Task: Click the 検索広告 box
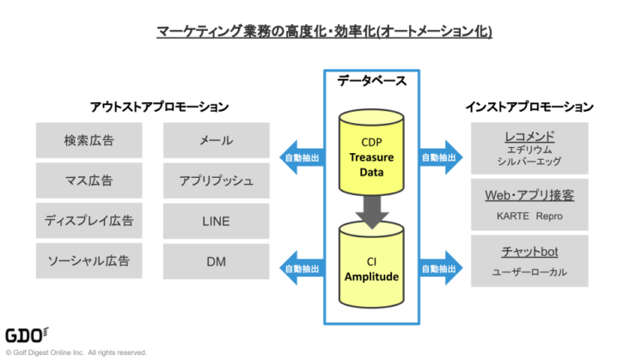coord(89,140)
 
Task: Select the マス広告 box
coord(89,180)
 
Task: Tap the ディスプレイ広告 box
coord(89,221)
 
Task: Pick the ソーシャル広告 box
coord(89,261)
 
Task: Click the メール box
coord(216,140)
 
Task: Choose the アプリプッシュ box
coord(216,180)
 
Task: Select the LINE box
coord(216,221)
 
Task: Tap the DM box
coord(216,261)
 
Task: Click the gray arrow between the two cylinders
coord(370,210)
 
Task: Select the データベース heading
coord(371,81)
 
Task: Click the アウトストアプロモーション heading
coord(159,107)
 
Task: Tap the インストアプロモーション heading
coord(529,107)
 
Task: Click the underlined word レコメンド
coord(529,136)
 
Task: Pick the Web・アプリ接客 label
coord(529,195)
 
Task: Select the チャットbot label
coord(529,253)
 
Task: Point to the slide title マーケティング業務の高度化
coord(323,32)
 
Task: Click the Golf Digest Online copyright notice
coord(76,352)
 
